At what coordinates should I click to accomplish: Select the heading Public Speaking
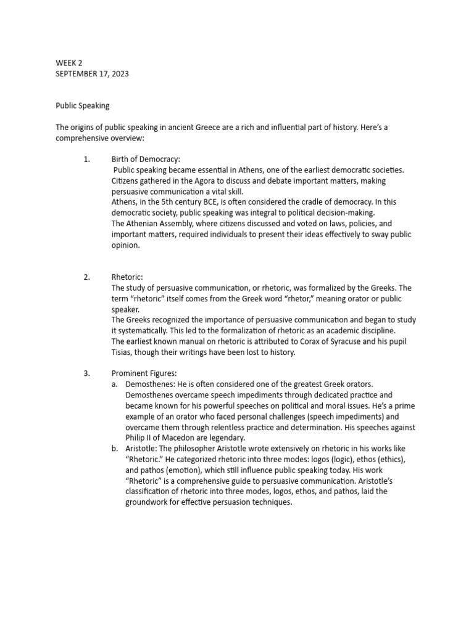[83, 105]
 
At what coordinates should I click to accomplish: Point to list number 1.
[87, 159]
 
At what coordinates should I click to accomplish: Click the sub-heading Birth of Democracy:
[146, 159]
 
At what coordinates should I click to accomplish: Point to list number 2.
[87, 277]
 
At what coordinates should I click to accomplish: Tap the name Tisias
[123, 352]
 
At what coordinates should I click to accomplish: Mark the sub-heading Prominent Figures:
[144, 373]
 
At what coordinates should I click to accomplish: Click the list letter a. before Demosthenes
[115, 384]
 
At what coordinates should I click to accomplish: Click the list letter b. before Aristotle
[115, 449]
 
